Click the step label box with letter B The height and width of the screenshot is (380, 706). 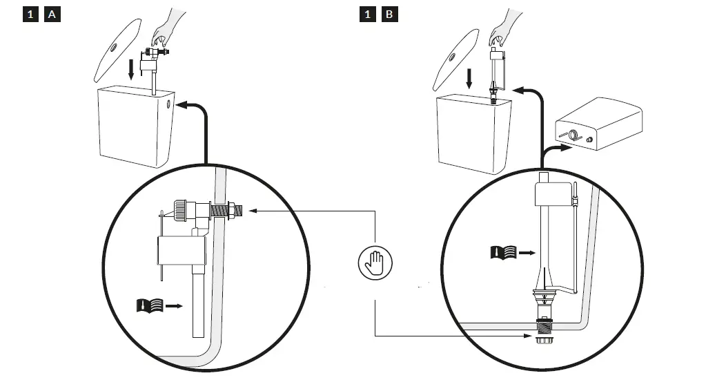pos(390,14)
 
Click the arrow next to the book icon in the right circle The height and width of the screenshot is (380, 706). pos(526,254)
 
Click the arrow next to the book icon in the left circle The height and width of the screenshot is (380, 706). pos(174,305)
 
